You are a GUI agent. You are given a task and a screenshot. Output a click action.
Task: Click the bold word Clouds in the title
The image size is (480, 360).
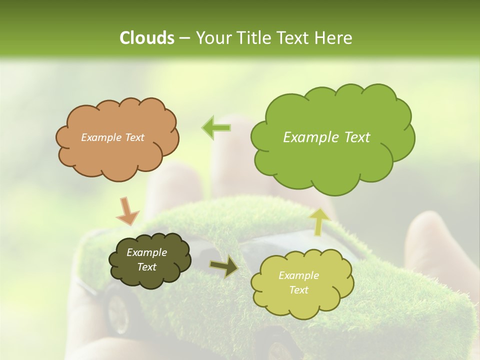[147, 38]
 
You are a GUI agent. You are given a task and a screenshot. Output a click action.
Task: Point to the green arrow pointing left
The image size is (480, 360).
[216, 127]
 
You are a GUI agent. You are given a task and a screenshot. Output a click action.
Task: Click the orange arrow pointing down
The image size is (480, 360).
[127, 210]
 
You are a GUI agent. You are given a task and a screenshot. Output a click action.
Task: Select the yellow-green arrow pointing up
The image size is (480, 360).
[319, 221]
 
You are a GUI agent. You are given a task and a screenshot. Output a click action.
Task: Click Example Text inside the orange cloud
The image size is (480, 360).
[112, 137]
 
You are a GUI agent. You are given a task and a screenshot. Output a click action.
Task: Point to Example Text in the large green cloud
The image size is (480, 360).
[326, 137]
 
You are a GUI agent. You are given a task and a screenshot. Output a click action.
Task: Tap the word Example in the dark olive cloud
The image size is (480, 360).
[146, 252]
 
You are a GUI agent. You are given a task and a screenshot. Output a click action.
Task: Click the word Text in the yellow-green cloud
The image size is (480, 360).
[298, 290]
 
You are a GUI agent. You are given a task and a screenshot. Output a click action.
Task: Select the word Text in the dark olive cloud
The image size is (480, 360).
[146, 267]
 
